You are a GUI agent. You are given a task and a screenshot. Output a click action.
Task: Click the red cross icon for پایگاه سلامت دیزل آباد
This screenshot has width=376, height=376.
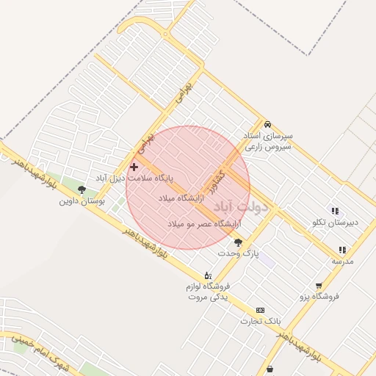click(x=134, y=167)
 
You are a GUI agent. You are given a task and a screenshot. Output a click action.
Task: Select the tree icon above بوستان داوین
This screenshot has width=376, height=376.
click(x=82, y=189)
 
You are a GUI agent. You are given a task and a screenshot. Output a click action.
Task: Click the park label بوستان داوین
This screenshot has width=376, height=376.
click(x=82, y=200)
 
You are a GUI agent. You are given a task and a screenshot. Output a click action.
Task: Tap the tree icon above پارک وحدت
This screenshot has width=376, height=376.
click(x=238, y=242)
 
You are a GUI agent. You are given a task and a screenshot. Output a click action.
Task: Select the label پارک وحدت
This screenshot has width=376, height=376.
click(x=242, y=253)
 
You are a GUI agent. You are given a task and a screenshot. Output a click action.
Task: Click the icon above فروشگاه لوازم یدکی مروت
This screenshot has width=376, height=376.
click(x=208, y=275)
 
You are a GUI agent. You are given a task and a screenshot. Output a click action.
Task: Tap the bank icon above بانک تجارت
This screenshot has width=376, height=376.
click(x=260, y=311)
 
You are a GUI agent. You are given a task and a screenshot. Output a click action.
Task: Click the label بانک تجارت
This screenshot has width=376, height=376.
click(x=261, y=322)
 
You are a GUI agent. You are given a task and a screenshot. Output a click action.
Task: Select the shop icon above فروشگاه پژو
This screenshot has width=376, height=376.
click(x=319, y=286)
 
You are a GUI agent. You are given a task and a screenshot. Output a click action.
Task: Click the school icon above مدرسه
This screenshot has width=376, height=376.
click(x=342, y=250)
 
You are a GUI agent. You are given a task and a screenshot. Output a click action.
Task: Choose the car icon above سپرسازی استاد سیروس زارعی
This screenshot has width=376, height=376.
click(x=267, y=124)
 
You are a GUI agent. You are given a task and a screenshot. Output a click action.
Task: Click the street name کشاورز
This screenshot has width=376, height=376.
click(x=216, y=178)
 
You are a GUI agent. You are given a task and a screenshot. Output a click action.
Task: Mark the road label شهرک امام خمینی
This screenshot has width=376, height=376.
click(x=37, y=353)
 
